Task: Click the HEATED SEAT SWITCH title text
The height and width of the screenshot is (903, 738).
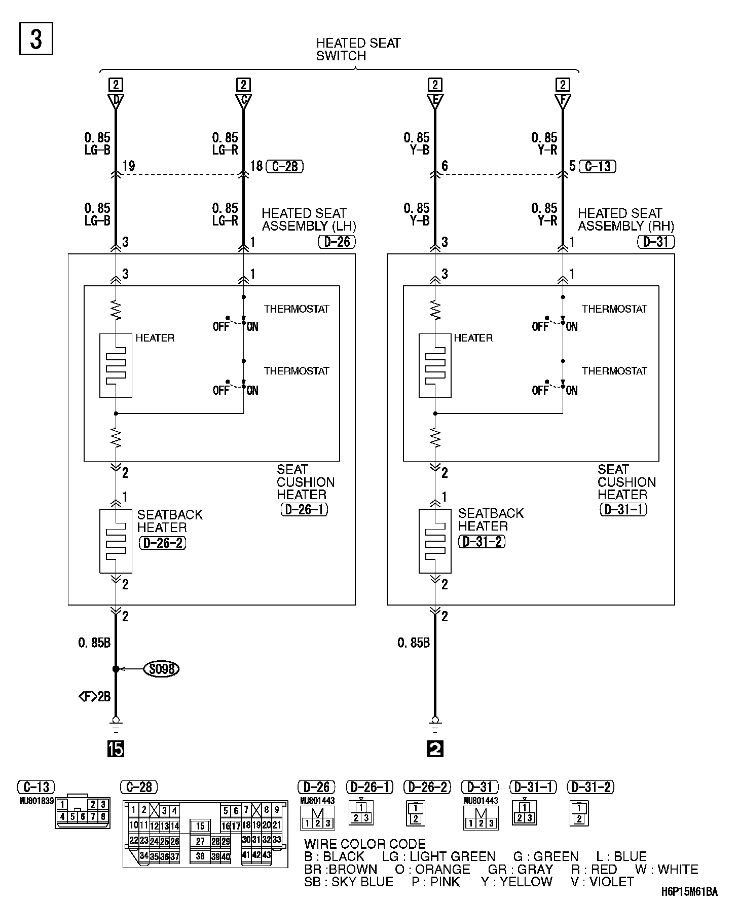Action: tap(358, 50)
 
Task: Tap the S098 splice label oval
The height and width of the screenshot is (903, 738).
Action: tap(162, 669)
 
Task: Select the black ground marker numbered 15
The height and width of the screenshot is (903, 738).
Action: tap(116, 748)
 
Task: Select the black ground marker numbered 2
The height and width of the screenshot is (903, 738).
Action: tap(435, 748)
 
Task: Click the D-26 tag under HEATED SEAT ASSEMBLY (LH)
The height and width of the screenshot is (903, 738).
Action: tap(337, 242)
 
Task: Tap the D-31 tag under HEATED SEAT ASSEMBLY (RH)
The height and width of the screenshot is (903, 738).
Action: tap(655, 242)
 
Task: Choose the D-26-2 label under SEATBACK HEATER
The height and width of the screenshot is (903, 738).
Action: tap(162, 543)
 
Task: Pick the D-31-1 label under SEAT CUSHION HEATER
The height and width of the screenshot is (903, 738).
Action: tap(623, 509)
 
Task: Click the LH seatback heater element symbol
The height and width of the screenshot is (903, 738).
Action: tap(116, 541)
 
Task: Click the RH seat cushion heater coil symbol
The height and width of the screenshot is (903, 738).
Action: tap(435, 365)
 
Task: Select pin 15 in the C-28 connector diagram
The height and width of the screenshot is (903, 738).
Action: tap(201, 826)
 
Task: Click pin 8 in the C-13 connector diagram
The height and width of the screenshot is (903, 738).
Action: tap(103, 816)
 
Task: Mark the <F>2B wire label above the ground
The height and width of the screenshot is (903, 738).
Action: tap(94, 697)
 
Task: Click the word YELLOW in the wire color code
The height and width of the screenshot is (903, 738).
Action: tap(526, 882)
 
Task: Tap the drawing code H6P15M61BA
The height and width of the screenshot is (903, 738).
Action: tap(689, 892)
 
